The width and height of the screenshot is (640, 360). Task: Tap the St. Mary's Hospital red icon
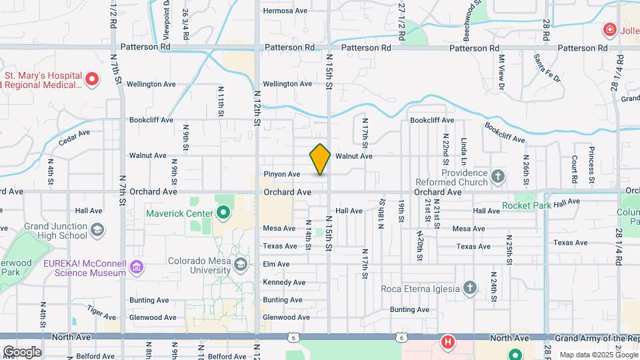click(93, 81)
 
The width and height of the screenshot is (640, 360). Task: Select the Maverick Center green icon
click(223, 213)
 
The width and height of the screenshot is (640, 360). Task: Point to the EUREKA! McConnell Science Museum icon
click(137, 268)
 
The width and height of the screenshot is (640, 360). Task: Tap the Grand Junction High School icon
click(97, 229)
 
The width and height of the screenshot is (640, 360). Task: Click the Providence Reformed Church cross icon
click(497, 177)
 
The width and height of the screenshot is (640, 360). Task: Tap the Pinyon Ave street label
click(282, 174)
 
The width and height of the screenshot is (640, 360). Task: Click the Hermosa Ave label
click(285, 11)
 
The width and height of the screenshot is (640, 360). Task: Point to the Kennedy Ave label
click(284, 283)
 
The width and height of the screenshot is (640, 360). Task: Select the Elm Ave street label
click(276, 265)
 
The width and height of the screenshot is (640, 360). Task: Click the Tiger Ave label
click(100, 311)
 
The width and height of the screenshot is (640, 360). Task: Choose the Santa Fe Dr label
click(548, 69)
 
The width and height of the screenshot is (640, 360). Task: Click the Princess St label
click(591, 161)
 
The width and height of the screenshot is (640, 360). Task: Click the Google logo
click(22, 351)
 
